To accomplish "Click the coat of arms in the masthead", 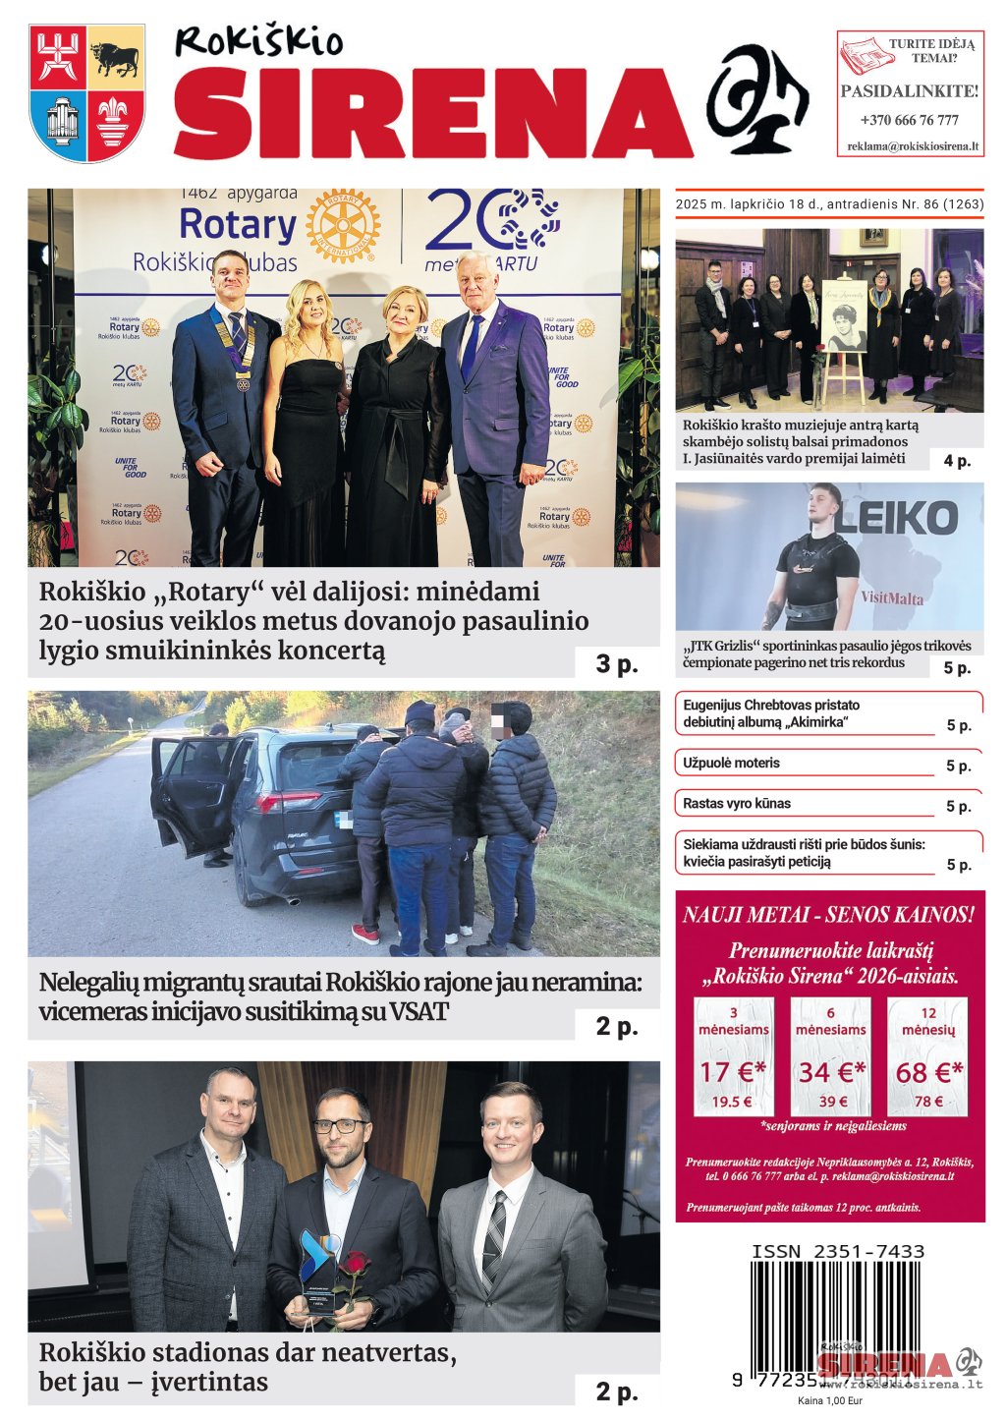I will coord(87,92).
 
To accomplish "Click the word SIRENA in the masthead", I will coord(432,113).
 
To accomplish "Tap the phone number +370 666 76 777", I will coord(909,120).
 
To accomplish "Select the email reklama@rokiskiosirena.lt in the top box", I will coord(913,146).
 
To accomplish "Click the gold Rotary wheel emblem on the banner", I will coord(342,226).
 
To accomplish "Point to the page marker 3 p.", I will coord(616,664).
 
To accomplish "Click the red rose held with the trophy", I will coord(355,1262).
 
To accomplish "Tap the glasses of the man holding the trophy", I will coord(340,1126).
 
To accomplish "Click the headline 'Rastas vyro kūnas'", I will coord(737,804).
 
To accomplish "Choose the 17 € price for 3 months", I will coord(733,1072).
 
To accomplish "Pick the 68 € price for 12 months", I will coord(928,1072).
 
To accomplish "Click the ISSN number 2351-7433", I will coord(838,1251).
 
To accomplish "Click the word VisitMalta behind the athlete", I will coord(892,597).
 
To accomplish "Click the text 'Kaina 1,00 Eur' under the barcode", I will coord(829,1401).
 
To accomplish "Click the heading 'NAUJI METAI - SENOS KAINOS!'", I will coord(829,915).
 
